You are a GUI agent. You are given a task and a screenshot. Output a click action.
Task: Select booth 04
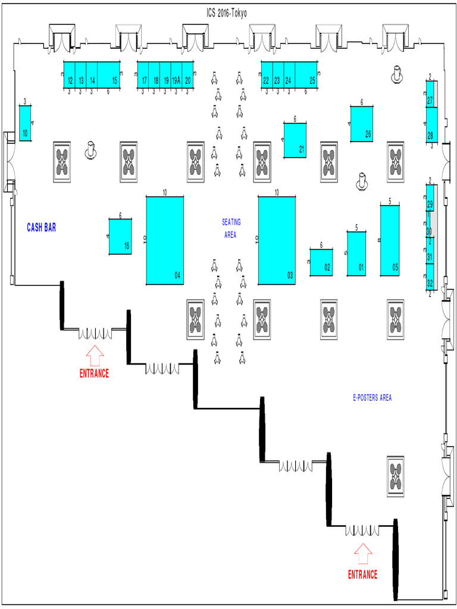click(x=165, y=240)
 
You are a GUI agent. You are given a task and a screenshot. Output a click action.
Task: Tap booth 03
click(x=277, y=240)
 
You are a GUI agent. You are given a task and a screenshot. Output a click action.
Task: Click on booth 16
click(x=120, y=236)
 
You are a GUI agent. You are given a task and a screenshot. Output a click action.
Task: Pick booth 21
click(x=295, y=140)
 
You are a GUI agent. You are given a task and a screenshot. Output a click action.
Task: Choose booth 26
click(x=362, y=124)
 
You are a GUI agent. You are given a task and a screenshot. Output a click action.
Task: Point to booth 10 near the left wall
click(x=25, y=123)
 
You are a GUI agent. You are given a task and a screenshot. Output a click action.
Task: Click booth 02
click(x=321, y=262)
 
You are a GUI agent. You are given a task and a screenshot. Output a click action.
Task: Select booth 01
click(x=356, y=253)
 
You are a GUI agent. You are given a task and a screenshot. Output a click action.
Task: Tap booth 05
click(x=390, y=240)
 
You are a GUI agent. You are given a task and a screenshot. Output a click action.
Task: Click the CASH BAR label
click(x=41, y=227)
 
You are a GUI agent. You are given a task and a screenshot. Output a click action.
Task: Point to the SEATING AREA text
click(x=231, y=228)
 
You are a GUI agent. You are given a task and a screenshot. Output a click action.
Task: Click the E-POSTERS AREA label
click(x=372, y=398)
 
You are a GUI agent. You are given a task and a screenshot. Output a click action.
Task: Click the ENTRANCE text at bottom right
click(x=362, y=575)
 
